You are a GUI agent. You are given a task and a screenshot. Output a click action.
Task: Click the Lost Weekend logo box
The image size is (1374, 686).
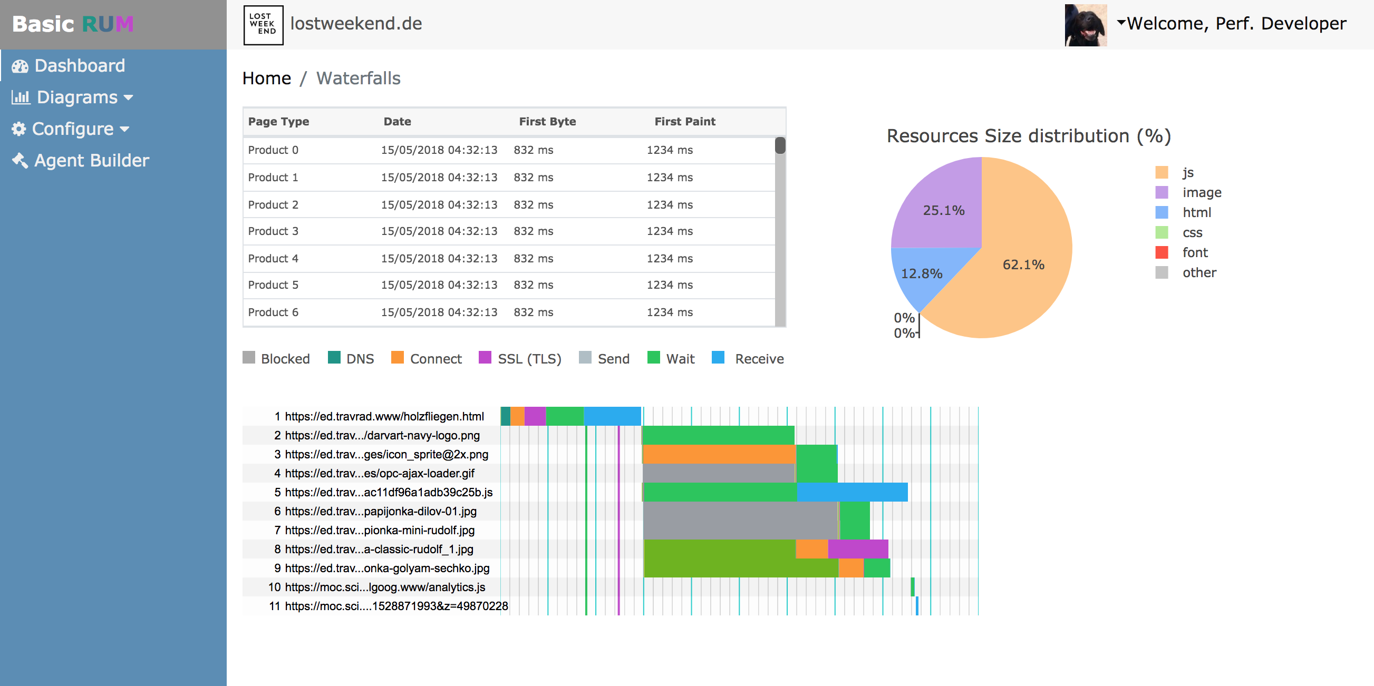pos(263,25)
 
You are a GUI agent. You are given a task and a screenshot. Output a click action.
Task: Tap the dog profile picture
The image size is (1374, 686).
pos(1085,25)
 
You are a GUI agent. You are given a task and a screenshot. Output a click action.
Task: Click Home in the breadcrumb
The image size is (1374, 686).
pos(266,79)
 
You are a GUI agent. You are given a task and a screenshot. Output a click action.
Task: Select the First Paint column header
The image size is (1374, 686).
pos(684,122)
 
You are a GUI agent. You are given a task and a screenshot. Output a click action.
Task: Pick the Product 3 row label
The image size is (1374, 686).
pos(273,231)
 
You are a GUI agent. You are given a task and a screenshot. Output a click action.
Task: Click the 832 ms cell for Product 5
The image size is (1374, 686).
pos(533,285)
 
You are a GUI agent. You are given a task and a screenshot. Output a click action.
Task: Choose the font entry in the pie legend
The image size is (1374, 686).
pos(1194,253)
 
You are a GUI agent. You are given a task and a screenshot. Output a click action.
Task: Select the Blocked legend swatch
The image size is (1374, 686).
pos(248,358)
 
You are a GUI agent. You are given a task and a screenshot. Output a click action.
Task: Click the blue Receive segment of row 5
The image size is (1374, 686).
pos(852,492)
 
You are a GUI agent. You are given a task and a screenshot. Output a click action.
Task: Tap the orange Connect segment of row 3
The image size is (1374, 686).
pos(719,454)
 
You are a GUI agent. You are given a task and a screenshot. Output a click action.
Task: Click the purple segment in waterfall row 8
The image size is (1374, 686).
pos(858,549)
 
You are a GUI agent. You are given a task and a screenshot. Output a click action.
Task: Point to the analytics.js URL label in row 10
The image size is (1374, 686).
pos(384,587)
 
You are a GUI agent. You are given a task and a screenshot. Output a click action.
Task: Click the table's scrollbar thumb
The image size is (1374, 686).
pos(780,145)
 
